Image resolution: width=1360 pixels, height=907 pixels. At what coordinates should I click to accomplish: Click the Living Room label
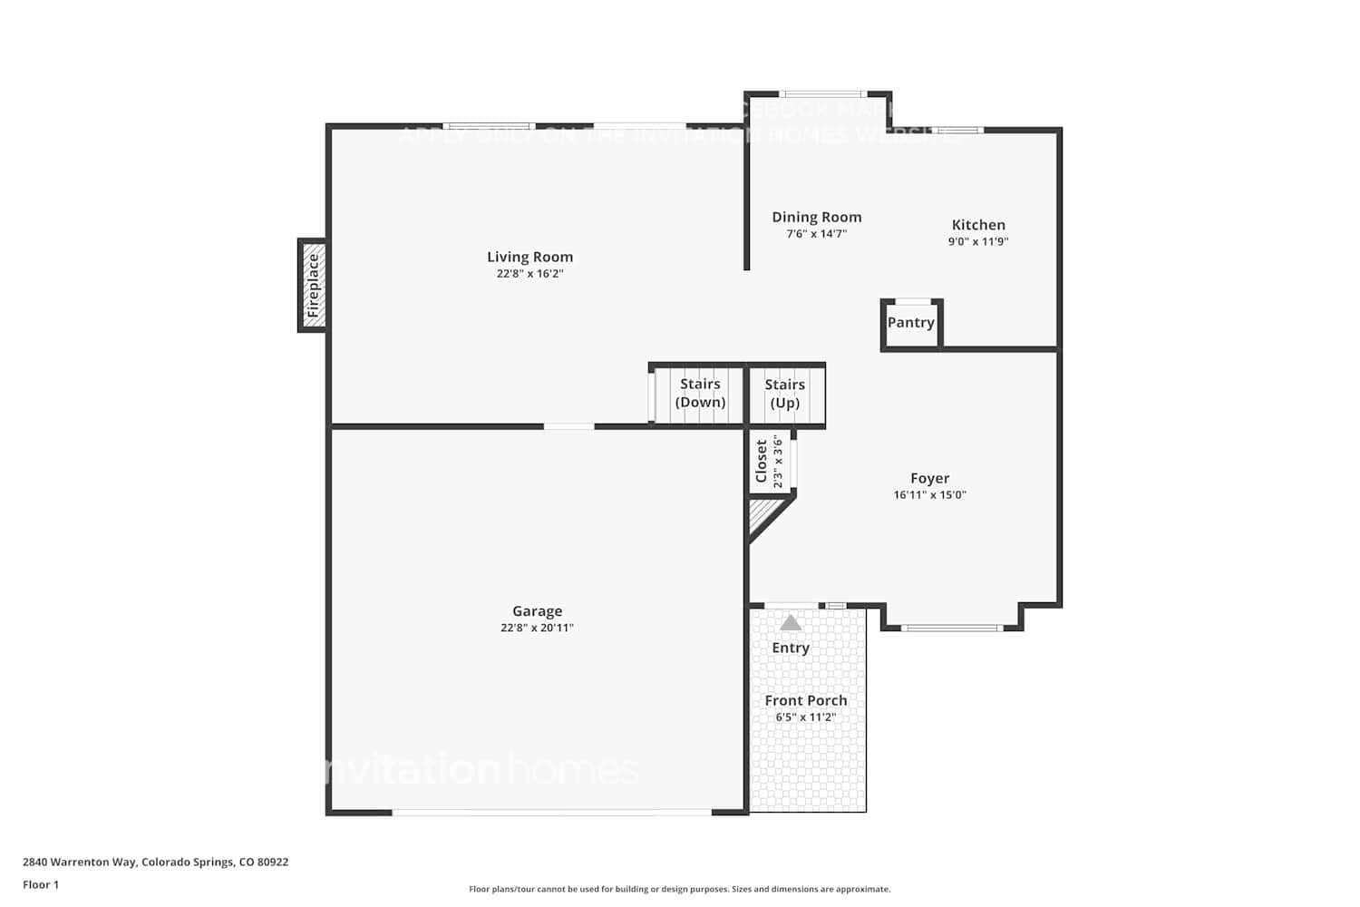pos(529,257)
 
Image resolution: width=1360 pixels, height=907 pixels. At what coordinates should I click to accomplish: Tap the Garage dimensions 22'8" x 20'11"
pos(537,628)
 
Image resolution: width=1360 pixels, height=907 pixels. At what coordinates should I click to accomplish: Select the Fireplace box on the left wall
pos(313,285)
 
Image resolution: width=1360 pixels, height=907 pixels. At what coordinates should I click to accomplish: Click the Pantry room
pos(911,323)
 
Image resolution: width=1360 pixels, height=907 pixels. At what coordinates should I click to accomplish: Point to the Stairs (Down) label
pos(700,393)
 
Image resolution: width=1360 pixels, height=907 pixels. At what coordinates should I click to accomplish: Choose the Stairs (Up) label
pos(784,393)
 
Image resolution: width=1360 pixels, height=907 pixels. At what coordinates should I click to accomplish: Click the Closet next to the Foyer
pos(769,463)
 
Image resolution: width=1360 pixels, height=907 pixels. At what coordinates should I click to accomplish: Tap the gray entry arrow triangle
pos(791,622)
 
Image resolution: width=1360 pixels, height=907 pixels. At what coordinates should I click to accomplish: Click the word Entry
pos(791,648)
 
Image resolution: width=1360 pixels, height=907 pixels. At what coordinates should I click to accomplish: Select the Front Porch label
pos(805,700)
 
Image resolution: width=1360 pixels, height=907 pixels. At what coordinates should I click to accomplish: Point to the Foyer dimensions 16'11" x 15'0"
pos(929,495)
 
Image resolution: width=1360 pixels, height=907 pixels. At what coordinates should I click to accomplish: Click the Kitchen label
pos(978,225)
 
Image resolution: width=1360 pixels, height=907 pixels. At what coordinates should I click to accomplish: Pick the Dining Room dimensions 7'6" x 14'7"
pos(816,234)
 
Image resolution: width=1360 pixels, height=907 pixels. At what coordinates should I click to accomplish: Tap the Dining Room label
pos(816,217)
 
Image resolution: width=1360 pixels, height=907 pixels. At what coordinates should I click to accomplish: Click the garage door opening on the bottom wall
pos(551,812)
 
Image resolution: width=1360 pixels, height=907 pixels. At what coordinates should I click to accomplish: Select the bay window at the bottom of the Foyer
pos(952,627)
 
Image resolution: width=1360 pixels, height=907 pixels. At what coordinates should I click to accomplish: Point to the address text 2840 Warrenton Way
pos(155,862)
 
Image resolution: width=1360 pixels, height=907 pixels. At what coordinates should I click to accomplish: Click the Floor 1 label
pos(41,884)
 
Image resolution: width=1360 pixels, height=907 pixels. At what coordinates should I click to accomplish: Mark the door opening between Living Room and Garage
pos(568,426)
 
